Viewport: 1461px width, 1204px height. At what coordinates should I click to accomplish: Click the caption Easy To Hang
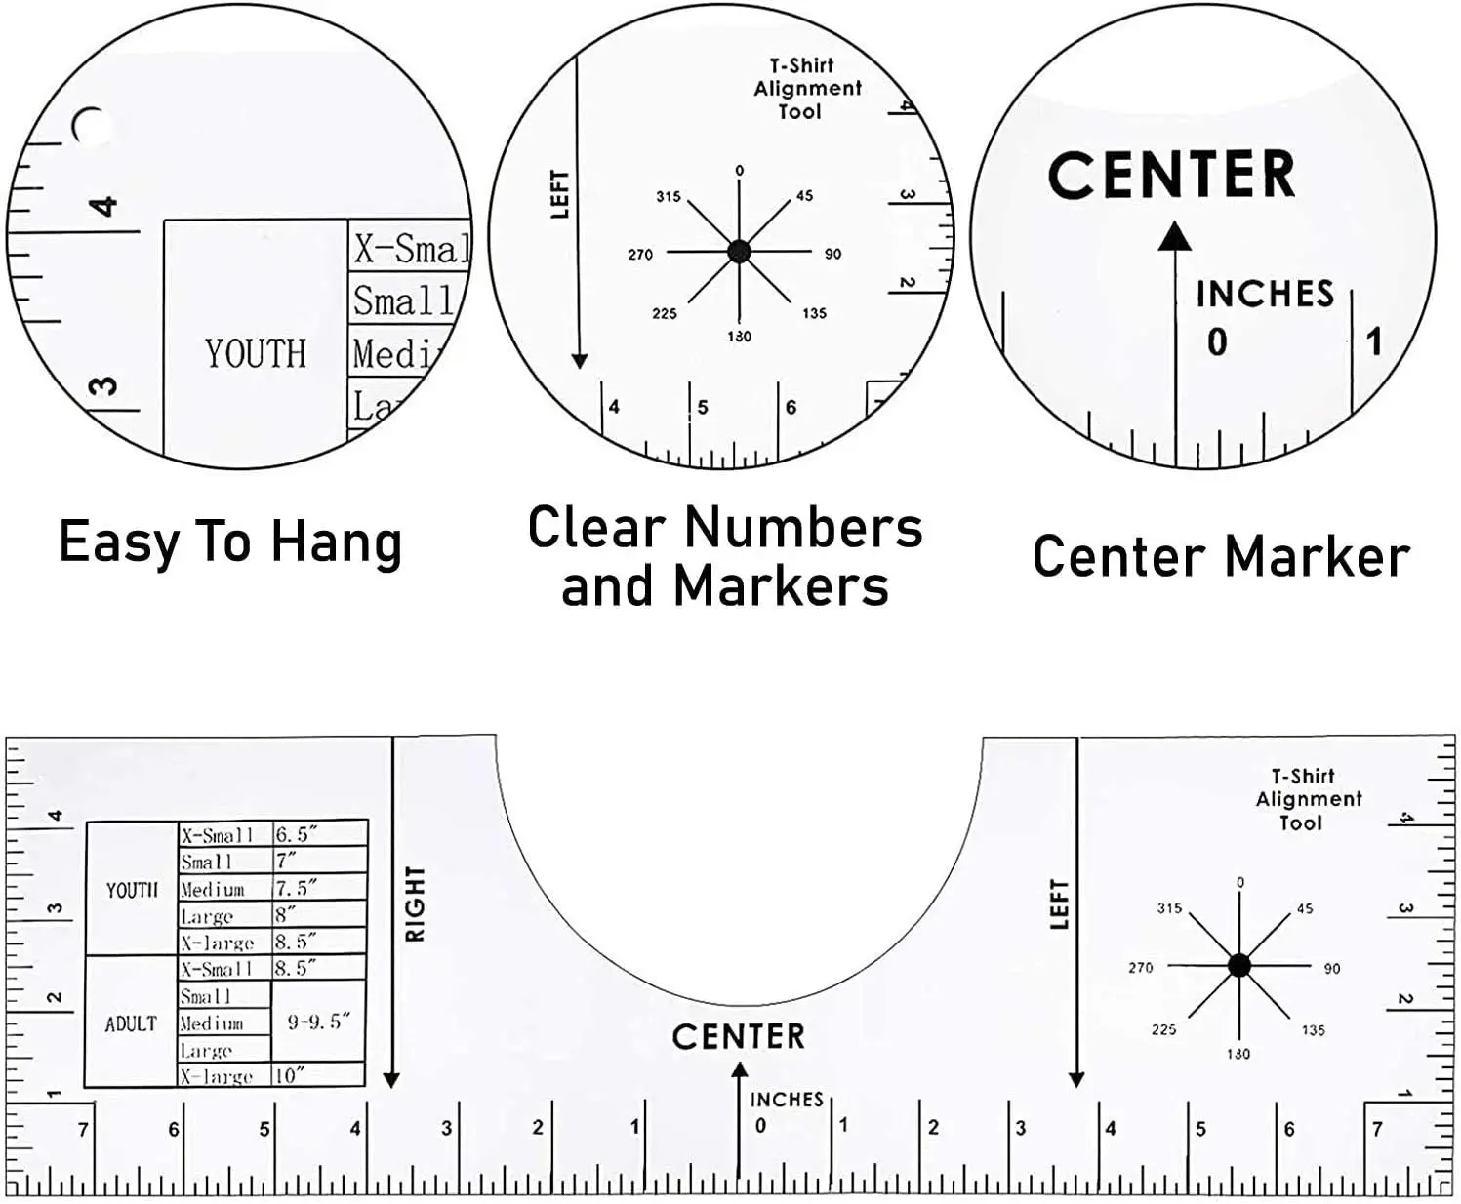pos(230,542)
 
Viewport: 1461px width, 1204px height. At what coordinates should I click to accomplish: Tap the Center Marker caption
pos(1220,557)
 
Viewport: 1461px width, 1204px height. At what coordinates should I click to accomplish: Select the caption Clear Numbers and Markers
pos(724,556)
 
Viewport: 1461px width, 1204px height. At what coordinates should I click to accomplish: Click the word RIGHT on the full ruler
pos(416,903)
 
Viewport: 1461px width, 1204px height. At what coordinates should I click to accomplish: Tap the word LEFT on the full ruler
pos(1060,903)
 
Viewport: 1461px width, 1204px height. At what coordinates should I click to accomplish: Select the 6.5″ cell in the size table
pos(297,834)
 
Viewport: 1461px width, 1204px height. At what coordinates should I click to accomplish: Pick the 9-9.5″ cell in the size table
pos(318,1023)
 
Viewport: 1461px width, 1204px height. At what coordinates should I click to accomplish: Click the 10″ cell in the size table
pos(290,1075)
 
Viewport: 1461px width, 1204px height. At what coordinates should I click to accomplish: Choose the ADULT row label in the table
pos(131,1023)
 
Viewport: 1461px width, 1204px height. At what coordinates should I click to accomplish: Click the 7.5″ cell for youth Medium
pos(297,889)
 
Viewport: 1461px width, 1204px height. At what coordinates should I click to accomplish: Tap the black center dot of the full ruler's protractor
pos(1238,966)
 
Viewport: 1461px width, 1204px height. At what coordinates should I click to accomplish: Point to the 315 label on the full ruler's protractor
pos(1169,908)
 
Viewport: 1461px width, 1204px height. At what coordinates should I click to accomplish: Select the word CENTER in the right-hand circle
pos(1171,176)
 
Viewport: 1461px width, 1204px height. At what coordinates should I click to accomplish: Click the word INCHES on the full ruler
pos(787,1100)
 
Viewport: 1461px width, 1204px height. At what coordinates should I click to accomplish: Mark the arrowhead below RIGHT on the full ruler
pos(391,1080)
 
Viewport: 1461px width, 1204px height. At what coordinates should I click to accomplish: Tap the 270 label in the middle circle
pos(640,255)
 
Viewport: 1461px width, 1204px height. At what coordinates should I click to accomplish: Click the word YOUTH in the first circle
pos(256,353)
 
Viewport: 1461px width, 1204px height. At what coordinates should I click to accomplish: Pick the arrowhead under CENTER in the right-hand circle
pos(1175,237)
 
